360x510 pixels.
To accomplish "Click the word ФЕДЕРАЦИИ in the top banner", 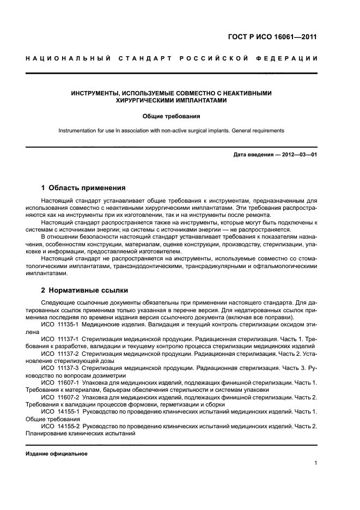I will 289,58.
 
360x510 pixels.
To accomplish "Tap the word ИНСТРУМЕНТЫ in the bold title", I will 97,93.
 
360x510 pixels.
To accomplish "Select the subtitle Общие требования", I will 172,116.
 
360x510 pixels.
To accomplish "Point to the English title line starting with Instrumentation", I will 172,131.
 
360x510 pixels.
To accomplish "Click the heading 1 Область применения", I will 84,188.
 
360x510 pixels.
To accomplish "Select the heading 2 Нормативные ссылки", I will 84,290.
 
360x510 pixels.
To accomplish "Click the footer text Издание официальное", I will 56,454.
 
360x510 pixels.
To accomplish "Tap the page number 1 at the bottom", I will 315,463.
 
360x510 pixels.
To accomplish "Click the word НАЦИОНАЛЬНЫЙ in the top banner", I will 68,58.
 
